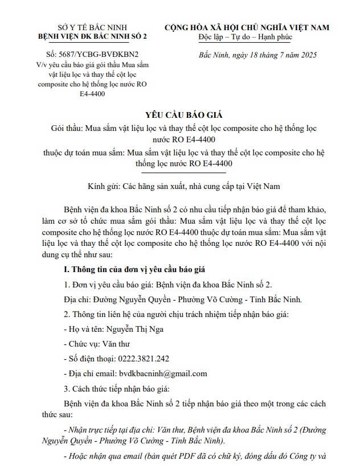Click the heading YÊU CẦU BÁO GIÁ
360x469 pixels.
pyautogui.click(x=179, y=113)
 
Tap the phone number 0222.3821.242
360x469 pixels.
pyautogui.click(x=142, y=359)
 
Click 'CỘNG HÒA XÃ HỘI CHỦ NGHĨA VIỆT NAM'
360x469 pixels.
pyautogui.click(x=247, y=27)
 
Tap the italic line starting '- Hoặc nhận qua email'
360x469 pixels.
pyautogui.click(x=197, y=456)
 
